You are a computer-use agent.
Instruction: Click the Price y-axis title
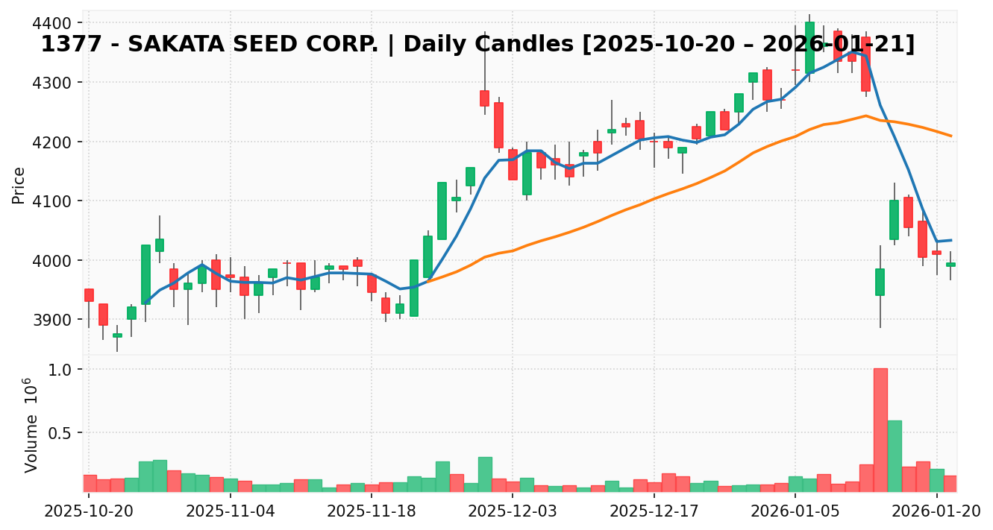coord(19,185)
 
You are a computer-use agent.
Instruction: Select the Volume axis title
coord(31,425)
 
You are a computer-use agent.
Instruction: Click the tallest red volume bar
coord(880,430)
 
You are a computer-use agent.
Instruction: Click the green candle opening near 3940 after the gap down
coord(880,282)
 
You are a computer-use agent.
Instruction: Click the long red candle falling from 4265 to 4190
coord(498,125)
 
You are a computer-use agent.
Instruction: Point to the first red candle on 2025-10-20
coord(89,295)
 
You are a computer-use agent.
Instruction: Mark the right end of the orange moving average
coord(951,136)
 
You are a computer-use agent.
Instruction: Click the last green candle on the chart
coord(951,264)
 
